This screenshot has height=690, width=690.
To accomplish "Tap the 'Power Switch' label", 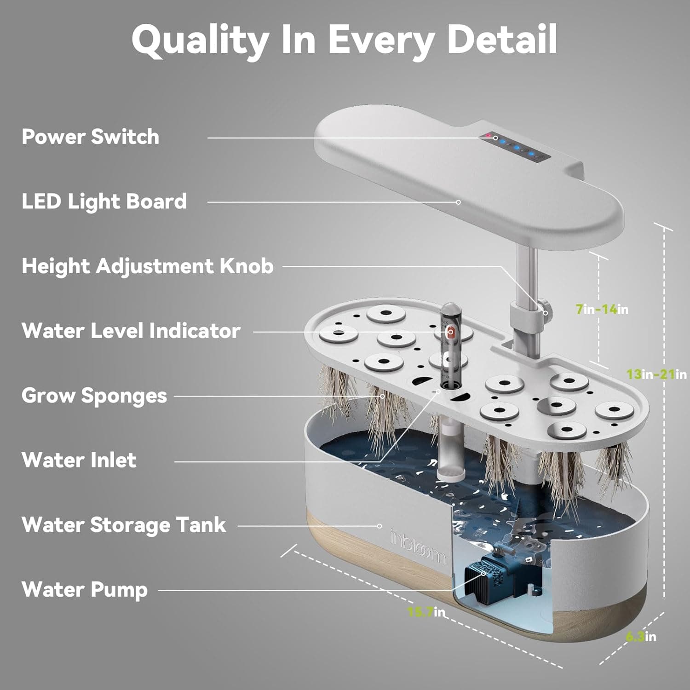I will (x=90, y=137).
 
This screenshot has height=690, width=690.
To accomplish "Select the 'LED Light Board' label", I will (x=104, y=201).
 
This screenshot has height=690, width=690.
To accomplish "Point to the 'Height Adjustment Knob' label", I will (x=147, y=266).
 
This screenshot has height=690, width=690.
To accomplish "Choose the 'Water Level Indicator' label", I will (x=131, y=331).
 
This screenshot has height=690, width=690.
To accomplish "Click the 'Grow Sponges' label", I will (x=94, y=396).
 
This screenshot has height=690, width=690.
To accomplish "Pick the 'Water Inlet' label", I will (x=79, y=460).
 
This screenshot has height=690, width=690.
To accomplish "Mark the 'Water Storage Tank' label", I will (x=124, y=525).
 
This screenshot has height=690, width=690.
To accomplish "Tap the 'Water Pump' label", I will (x=85, y=590).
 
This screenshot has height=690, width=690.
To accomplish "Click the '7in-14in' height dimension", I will (x=602, y=309).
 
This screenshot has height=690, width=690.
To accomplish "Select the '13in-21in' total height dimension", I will (x=656, y=374).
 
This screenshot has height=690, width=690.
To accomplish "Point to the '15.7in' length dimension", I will (x=426, y=612).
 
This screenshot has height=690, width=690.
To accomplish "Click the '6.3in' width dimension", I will (x=641, y=637).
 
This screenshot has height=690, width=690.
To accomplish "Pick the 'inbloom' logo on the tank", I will (x=418, y=547).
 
